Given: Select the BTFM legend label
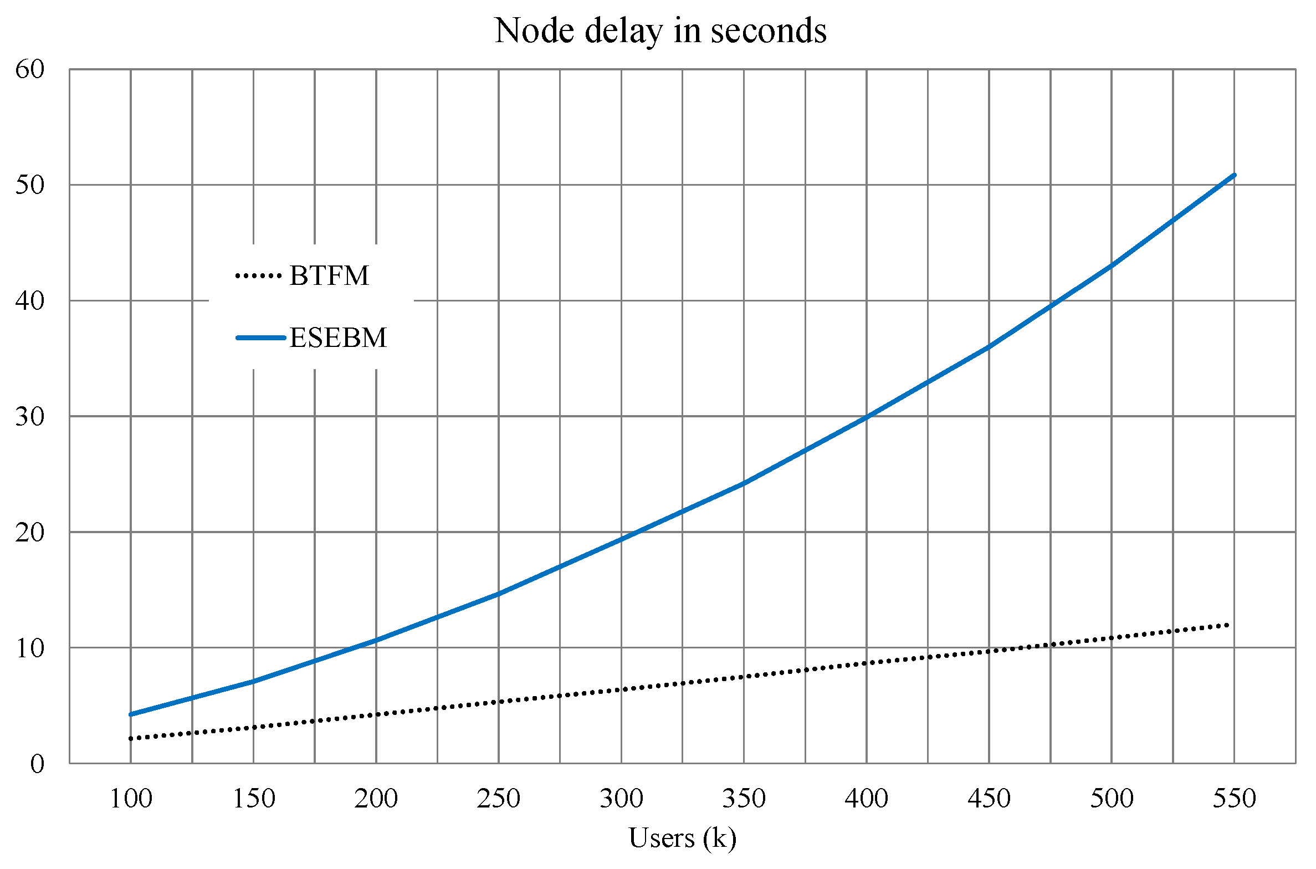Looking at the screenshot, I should click(329, 275).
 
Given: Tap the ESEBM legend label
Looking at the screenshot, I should click(338, 338).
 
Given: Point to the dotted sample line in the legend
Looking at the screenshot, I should click(259, 275).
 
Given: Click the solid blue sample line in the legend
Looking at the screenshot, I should click(260, 338).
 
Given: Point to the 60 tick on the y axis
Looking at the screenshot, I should click(30, 70).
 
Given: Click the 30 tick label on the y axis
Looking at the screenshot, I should click(30, 417).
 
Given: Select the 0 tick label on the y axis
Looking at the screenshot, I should click(37, 764).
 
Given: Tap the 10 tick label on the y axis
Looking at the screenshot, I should click(30, 648).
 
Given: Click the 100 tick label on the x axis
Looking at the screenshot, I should click(131, 799).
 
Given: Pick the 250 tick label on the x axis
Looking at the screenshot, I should click(498, 799).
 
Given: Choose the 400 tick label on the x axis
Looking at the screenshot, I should click(866, 799).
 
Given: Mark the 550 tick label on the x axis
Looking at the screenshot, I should click(1234, 799).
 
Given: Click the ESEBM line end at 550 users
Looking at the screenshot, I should click(1234, 175).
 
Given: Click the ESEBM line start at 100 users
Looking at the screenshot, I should click(131, 714).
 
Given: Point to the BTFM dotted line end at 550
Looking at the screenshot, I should click(1228, 625).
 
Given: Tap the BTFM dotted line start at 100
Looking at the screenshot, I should click(131, 738).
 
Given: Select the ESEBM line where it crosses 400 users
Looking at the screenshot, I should click(867, 417).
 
